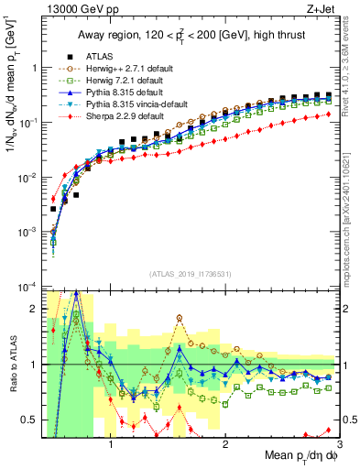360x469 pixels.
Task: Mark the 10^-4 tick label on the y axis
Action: click(x=27, y=287)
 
